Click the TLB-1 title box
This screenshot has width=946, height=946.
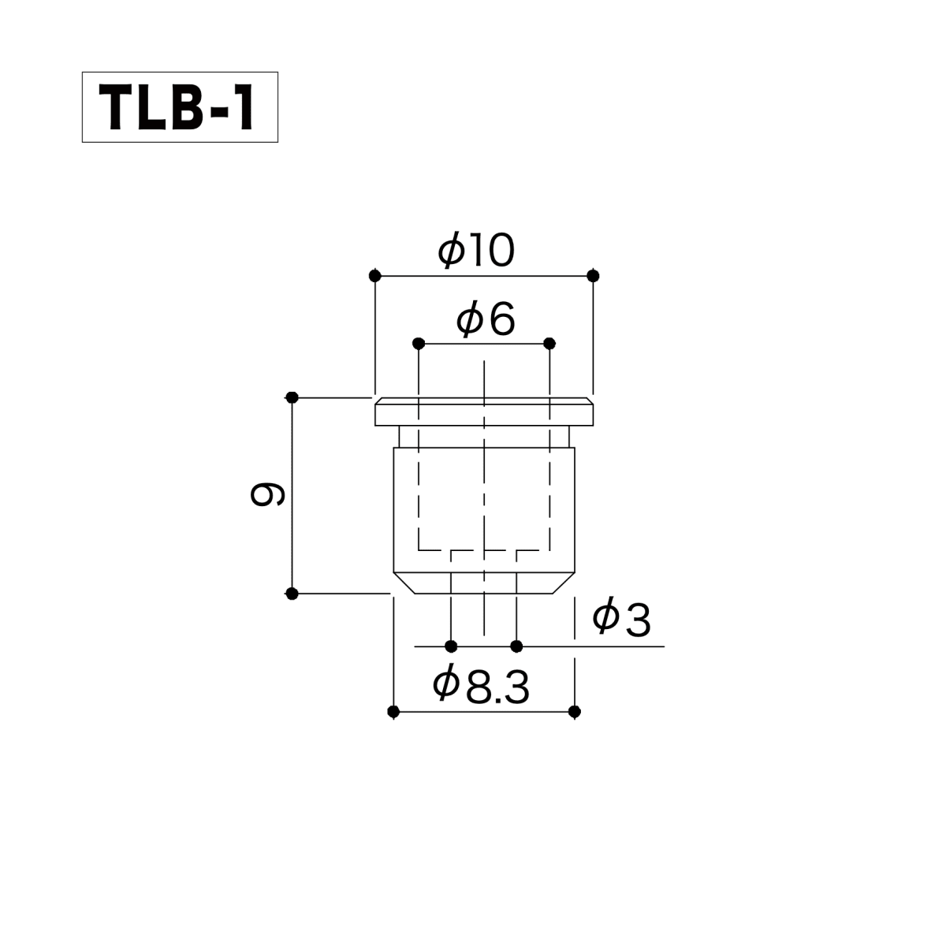(x=180, y=107)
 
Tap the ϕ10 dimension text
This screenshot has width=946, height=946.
(x=477, y=251)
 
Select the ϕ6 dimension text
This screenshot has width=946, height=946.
(x=486, y=320)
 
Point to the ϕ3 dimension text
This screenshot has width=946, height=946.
(x=621, y=619)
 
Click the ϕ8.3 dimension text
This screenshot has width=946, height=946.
(x=481, y=686)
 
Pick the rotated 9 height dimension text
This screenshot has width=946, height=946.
(x=267, y=494)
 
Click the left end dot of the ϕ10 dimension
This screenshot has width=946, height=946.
(x=375, y=276)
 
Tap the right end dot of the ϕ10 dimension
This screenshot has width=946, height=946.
(x=594, y=276)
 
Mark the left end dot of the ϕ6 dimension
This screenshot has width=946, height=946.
(x=419, y=343)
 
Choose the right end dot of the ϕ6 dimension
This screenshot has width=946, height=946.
(x=549, y=343)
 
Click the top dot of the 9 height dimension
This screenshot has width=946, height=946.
(x=292, y=397)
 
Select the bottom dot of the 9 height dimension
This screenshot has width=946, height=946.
(x=292, y=593)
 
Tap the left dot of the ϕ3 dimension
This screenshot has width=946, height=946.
(x=451, y=646)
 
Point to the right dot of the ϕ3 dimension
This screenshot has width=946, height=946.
(x=516, y=646)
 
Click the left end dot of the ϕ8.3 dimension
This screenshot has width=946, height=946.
(x=393, y=712)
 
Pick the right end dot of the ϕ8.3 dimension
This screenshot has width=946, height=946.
(x=575, y=712)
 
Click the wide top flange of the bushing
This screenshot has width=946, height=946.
(x=484, y=412)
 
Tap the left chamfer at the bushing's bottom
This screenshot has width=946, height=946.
(x=404, y=583)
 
